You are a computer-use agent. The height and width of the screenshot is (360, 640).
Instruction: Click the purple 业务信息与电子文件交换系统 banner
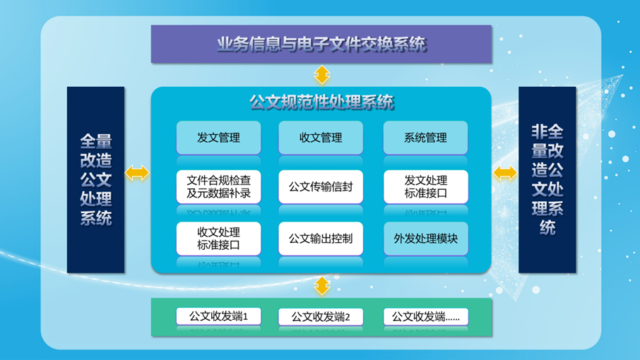click(x=321, y=44)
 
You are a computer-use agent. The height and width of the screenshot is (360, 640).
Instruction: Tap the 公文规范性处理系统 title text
click(x=321, y=103)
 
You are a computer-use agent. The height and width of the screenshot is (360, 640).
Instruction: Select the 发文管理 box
click(x=218, y=138)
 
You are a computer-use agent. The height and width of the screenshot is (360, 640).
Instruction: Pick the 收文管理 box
click(x=321, y=138)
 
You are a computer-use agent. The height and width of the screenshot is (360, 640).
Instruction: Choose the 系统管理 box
click(x=425, y=138)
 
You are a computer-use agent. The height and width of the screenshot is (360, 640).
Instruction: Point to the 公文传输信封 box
click(x=321, y=187)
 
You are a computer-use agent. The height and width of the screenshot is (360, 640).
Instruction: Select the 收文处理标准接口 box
click(x=218, y=239)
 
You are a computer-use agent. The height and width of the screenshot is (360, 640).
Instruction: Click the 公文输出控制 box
click(x=321, y=239)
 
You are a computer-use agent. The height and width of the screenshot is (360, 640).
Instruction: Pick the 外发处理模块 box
click(x=425, y=239)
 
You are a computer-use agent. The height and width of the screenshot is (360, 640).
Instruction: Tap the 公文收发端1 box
click(x=218, y=316)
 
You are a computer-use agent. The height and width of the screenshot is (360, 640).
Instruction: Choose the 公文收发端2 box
click(x=321, y=316)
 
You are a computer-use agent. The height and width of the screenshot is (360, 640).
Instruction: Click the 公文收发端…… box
click(x=425, y=316)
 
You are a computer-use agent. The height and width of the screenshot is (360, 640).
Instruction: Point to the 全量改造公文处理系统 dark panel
click(x=95, y=179)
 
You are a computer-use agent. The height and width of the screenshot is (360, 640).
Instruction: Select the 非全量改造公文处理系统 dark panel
click(x=547, y=179)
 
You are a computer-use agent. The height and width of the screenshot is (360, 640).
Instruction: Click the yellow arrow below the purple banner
click(x=322, y=75)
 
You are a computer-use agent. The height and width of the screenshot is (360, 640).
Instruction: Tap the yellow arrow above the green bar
click(x=322, y=286)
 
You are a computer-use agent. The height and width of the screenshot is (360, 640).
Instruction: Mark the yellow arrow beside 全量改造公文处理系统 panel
click(x=137, y=173)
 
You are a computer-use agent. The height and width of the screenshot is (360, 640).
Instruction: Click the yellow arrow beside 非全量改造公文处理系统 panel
click(x=505, y=173)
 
